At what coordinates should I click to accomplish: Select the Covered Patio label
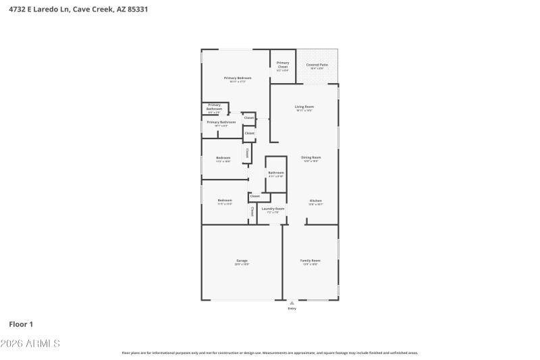click(x=317, y=65)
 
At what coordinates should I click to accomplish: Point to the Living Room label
click(x=304, y=107)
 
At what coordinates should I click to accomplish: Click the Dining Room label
click(x=310, y=157)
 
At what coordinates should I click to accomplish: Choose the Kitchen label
click(x=316, y=201)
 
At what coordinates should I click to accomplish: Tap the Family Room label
click(x=310, y=260)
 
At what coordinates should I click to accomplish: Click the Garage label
click(x=242, y=261)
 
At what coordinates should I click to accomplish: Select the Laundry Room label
click(x=273, y=209)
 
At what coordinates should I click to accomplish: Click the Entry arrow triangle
click(x=292, y=303)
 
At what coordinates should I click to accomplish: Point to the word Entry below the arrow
click(x=292, y=309)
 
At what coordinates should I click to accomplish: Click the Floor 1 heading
click(x=21, y=324)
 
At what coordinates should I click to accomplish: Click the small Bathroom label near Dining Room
click(x=275, y=173)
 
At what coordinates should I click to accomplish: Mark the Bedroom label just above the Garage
click(x=225, y=200)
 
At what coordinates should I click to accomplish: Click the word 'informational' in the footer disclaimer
click(x=159, y=353)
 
